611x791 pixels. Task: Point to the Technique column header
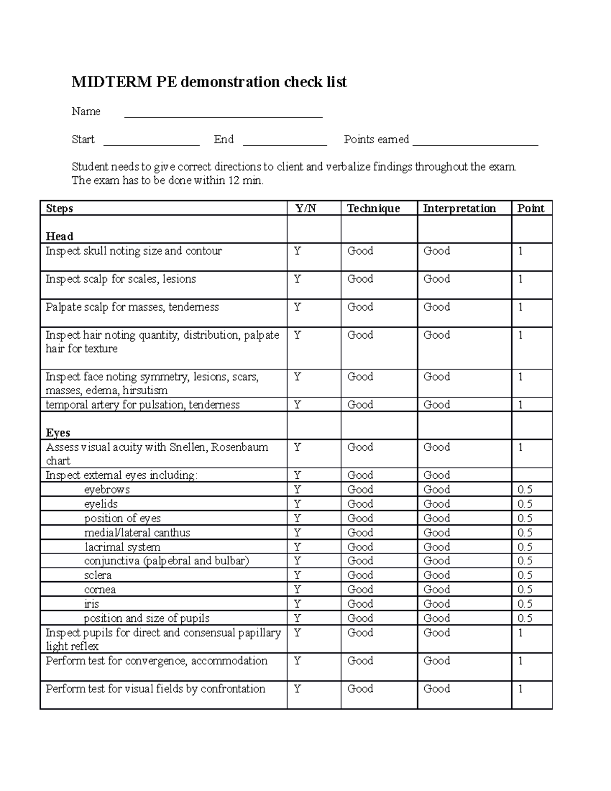[373, 208]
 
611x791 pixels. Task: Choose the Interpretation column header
[459, 208]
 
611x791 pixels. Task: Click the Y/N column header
[305, 208]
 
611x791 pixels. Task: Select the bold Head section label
[60, 236]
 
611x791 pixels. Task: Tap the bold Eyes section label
[58, 433]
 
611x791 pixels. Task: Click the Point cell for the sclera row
[525, 576]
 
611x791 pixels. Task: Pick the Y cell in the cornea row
[297, 590]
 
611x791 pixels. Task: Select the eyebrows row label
[107, 490]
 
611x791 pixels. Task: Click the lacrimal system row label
[122, 547]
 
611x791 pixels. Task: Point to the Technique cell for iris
[360, 604]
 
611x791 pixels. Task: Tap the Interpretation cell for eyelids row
[437, 504]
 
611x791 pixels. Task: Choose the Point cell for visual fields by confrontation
[521, 689]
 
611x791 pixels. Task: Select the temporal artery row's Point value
[521, 405]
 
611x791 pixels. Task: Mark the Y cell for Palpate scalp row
[297, 307]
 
